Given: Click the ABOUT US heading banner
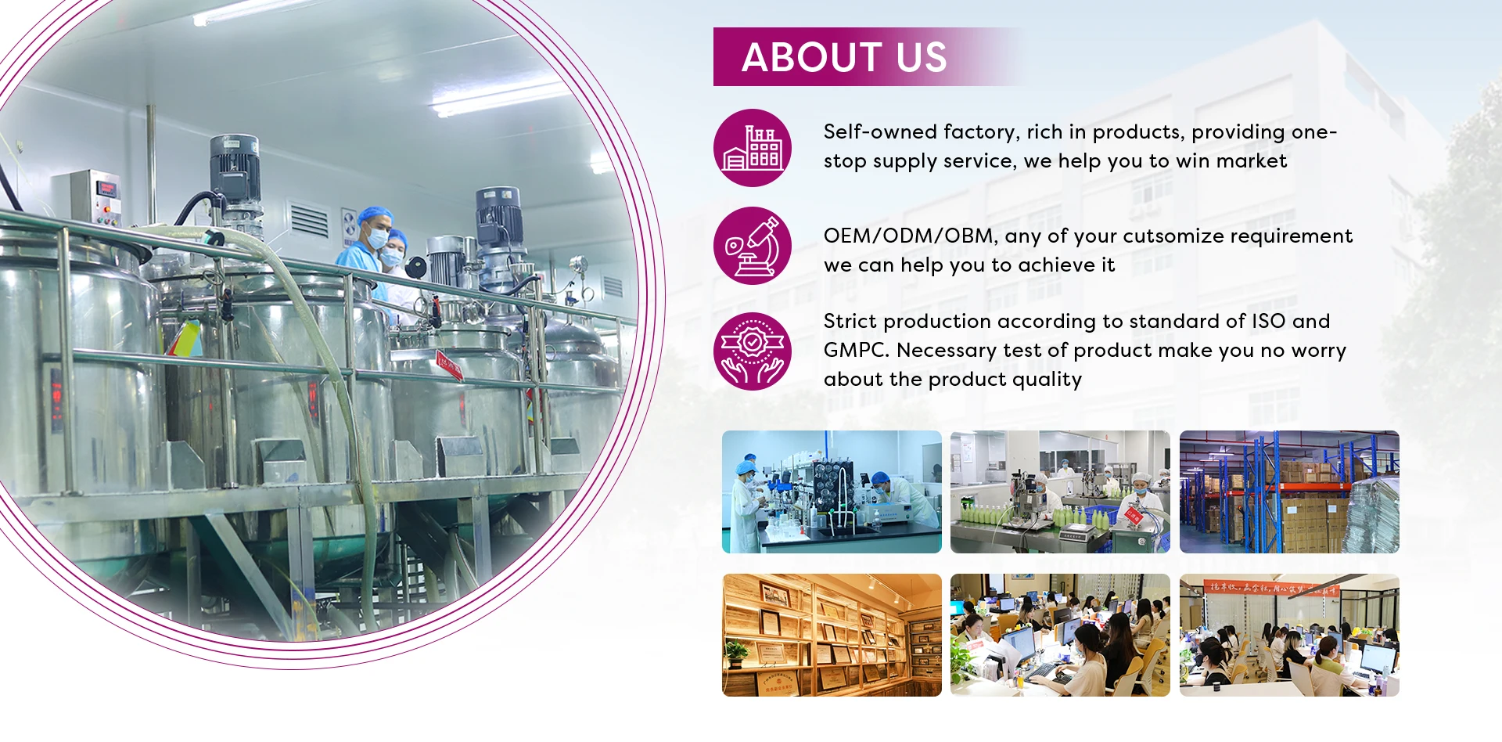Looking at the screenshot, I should [845, 57].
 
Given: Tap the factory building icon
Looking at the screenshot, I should [753, 148].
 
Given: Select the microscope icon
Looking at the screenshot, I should [753, 246].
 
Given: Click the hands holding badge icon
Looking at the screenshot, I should [753, 351].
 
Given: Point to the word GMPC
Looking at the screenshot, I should [856, 351].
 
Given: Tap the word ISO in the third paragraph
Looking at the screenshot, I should [1268, 322].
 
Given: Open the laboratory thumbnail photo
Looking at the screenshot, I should [832, 492].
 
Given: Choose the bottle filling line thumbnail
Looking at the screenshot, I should [1060, 492].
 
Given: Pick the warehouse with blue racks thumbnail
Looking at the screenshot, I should [1289, 492].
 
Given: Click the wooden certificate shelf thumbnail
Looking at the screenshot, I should [832, 635].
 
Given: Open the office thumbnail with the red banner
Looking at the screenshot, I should [1289, 635].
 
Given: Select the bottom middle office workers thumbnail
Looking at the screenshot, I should [1060, 635].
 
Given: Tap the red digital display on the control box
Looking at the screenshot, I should [106, 189].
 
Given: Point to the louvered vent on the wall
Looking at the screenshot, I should [309, 220].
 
